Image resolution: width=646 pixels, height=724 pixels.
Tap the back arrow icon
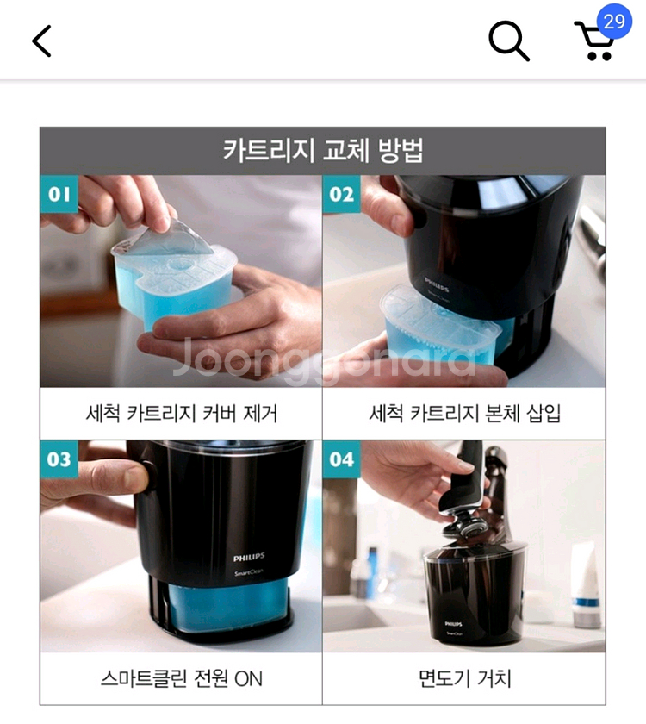point(41,41)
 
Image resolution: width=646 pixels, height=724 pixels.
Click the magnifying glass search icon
point(508,41)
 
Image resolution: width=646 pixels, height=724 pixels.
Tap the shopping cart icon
point(593,43)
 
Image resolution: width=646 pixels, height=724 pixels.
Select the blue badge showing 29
point(614,22)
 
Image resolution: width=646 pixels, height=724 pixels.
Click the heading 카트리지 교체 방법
point(322,151)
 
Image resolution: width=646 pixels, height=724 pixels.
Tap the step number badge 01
point(59,194)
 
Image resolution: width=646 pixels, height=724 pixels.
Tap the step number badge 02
point(342,194)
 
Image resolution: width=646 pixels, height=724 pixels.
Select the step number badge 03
point(59,459)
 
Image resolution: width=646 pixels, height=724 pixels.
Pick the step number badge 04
point(342,459)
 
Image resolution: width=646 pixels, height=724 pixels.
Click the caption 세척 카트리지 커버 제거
point(181,413)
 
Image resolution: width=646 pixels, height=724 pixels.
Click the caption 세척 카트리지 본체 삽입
point(464,413)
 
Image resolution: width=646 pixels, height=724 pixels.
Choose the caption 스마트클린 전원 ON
point(181,678)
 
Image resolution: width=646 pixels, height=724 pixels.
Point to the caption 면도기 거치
point(464,678)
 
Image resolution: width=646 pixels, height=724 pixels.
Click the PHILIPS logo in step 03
point(249,557)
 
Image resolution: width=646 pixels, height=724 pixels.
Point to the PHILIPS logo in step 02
point(437,280)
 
